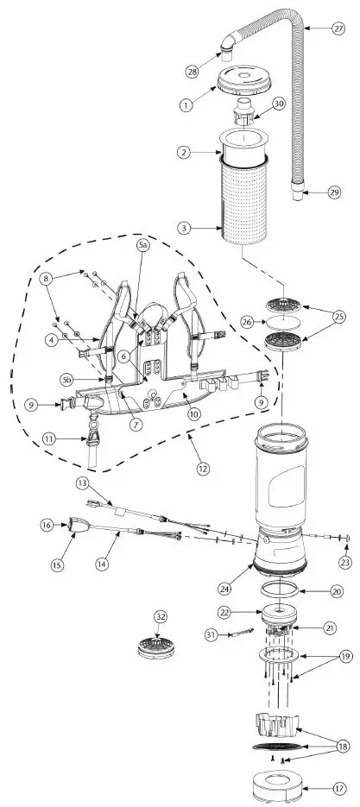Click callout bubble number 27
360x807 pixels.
[338, 28]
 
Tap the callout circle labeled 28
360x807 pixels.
[193, 69]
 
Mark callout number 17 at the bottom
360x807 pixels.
[338, 788]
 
